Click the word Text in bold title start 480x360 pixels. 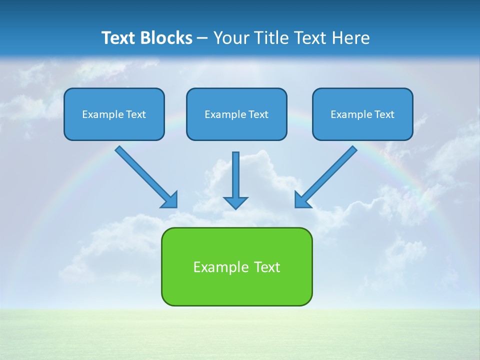120,38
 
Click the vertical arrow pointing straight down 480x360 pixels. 235,175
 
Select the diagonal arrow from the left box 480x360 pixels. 142,173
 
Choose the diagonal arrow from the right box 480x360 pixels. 330,172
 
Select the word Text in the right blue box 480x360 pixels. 384,114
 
